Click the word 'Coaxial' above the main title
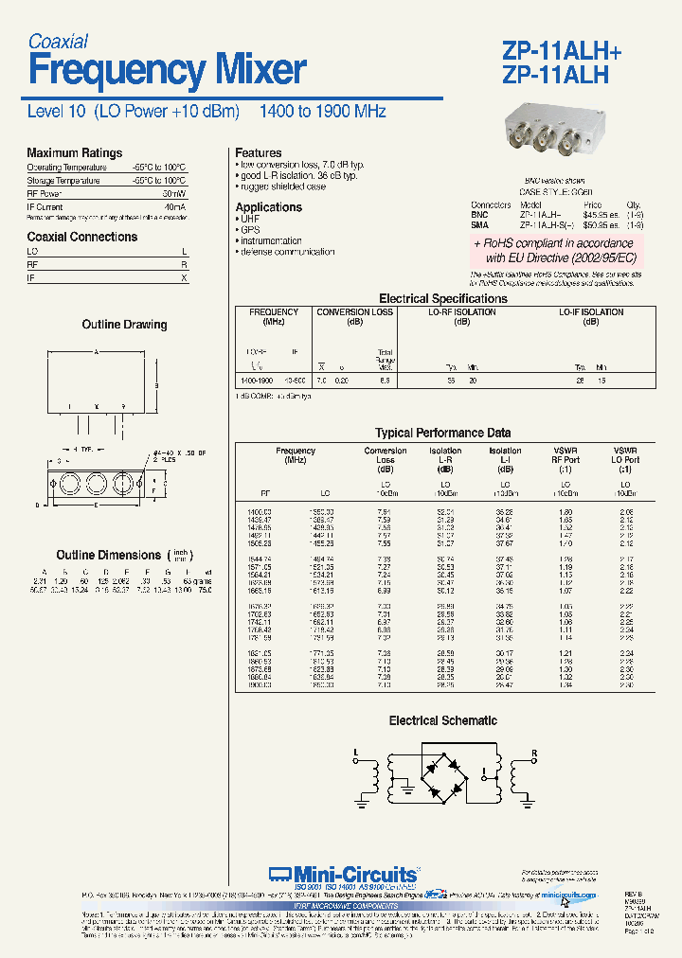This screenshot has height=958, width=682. click(x=58, y=42)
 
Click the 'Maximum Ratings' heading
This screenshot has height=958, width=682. click(x=74, y=152)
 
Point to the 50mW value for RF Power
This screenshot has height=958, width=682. click(x=173, y=192)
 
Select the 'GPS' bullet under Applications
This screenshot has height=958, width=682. click(x=250, y=230)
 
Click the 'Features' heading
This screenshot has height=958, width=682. click(x=258, y=152)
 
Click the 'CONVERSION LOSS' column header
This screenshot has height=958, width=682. click(x=354, y=312)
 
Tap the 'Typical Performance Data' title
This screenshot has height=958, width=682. click(x=442, y=434)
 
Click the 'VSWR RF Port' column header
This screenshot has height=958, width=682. click(x=565, y=460)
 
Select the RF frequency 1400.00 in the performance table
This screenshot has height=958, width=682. click(x=260, y=511)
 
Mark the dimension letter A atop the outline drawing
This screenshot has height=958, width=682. click(x=96, y=351)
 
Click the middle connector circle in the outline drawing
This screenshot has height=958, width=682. click(x=96, y=486)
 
